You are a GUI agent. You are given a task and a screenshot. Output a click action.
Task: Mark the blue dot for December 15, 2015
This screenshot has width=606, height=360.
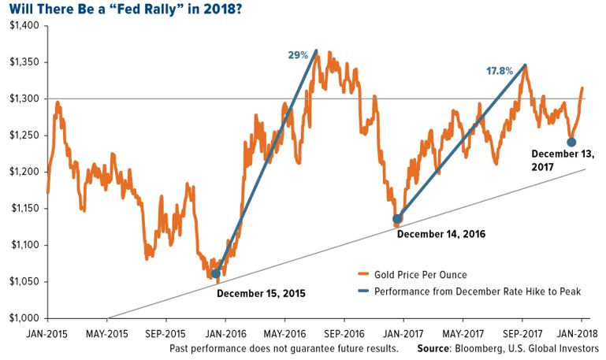click(x=216, y=274)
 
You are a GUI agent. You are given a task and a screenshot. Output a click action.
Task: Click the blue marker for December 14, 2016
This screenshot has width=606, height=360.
click(x=397, y=218)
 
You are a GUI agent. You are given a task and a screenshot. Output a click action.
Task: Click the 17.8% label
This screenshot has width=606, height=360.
click(x=499, y=71)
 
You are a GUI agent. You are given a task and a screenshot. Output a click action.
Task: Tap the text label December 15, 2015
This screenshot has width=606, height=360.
click(x=260, y=293)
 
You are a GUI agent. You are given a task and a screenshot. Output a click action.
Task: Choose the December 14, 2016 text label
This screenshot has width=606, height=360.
click(x=441, y=234)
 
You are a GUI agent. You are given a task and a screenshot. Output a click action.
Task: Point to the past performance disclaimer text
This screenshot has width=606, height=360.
click(x=283, y=347)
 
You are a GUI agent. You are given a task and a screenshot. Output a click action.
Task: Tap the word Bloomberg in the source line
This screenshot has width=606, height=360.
click(x=489, y=347)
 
